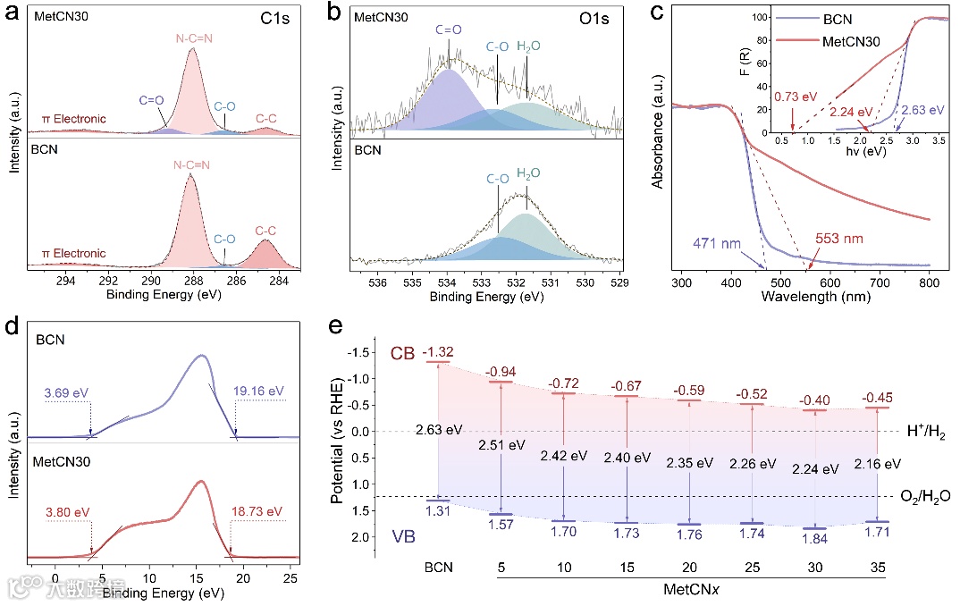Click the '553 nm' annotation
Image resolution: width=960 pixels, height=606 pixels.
pyautogui.click(x=840, y=240)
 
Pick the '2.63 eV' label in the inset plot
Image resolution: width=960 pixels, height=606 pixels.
pyautogui.click(x=920, y=111)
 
